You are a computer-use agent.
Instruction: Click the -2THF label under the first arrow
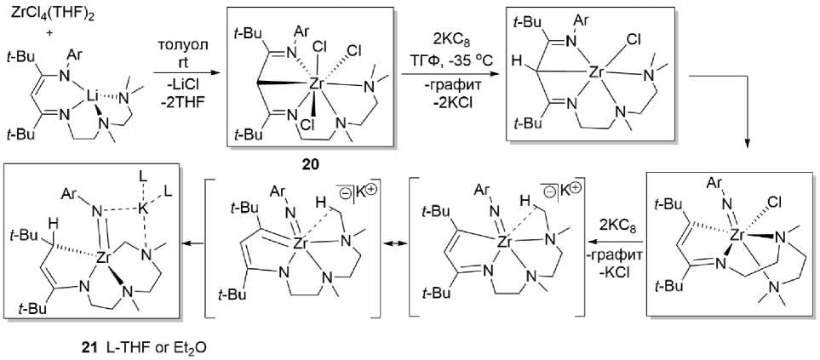pos(181,104)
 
